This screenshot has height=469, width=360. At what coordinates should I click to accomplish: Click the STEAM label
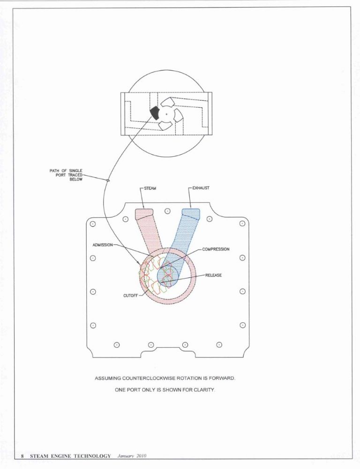tap(150, 188)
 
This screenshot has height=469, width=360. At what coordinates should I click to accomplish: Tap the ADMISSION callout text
tap(103, 245)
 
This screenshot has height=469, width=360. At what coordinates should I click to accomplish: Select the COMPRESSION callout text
tap(216, 249)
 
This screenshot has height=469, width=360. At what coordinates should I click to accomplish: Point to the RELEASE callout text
tap(213, 275)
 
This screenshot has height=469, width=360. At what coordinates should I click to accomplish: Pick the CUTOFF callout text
tap(130, 296)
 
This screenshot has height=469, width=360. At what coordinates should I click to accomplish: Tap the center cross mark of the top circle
tap(167, 114)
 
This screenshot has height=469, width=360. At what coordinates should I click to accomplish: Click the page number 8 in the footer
tap(22, 456)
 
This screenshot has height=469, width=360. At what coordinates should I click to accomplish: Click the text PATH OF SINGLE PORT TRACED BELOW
tap(66, 175)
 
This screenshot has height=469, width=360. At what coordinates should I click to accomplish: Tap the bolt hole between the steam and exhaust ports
tap(168, 211)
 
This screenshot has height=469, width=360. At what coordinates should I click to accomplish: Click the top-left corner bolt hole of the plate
tap(93, 224)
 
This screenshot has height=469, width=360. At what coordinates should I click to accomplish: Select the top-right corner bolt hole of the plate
tap(242, 223)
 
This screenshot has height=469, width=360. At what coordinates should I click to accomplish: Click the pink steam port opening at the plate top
tap(144, 214)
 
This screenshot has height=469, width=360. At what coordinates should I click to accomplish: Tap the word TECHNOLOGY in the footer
tap(92, 456)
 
